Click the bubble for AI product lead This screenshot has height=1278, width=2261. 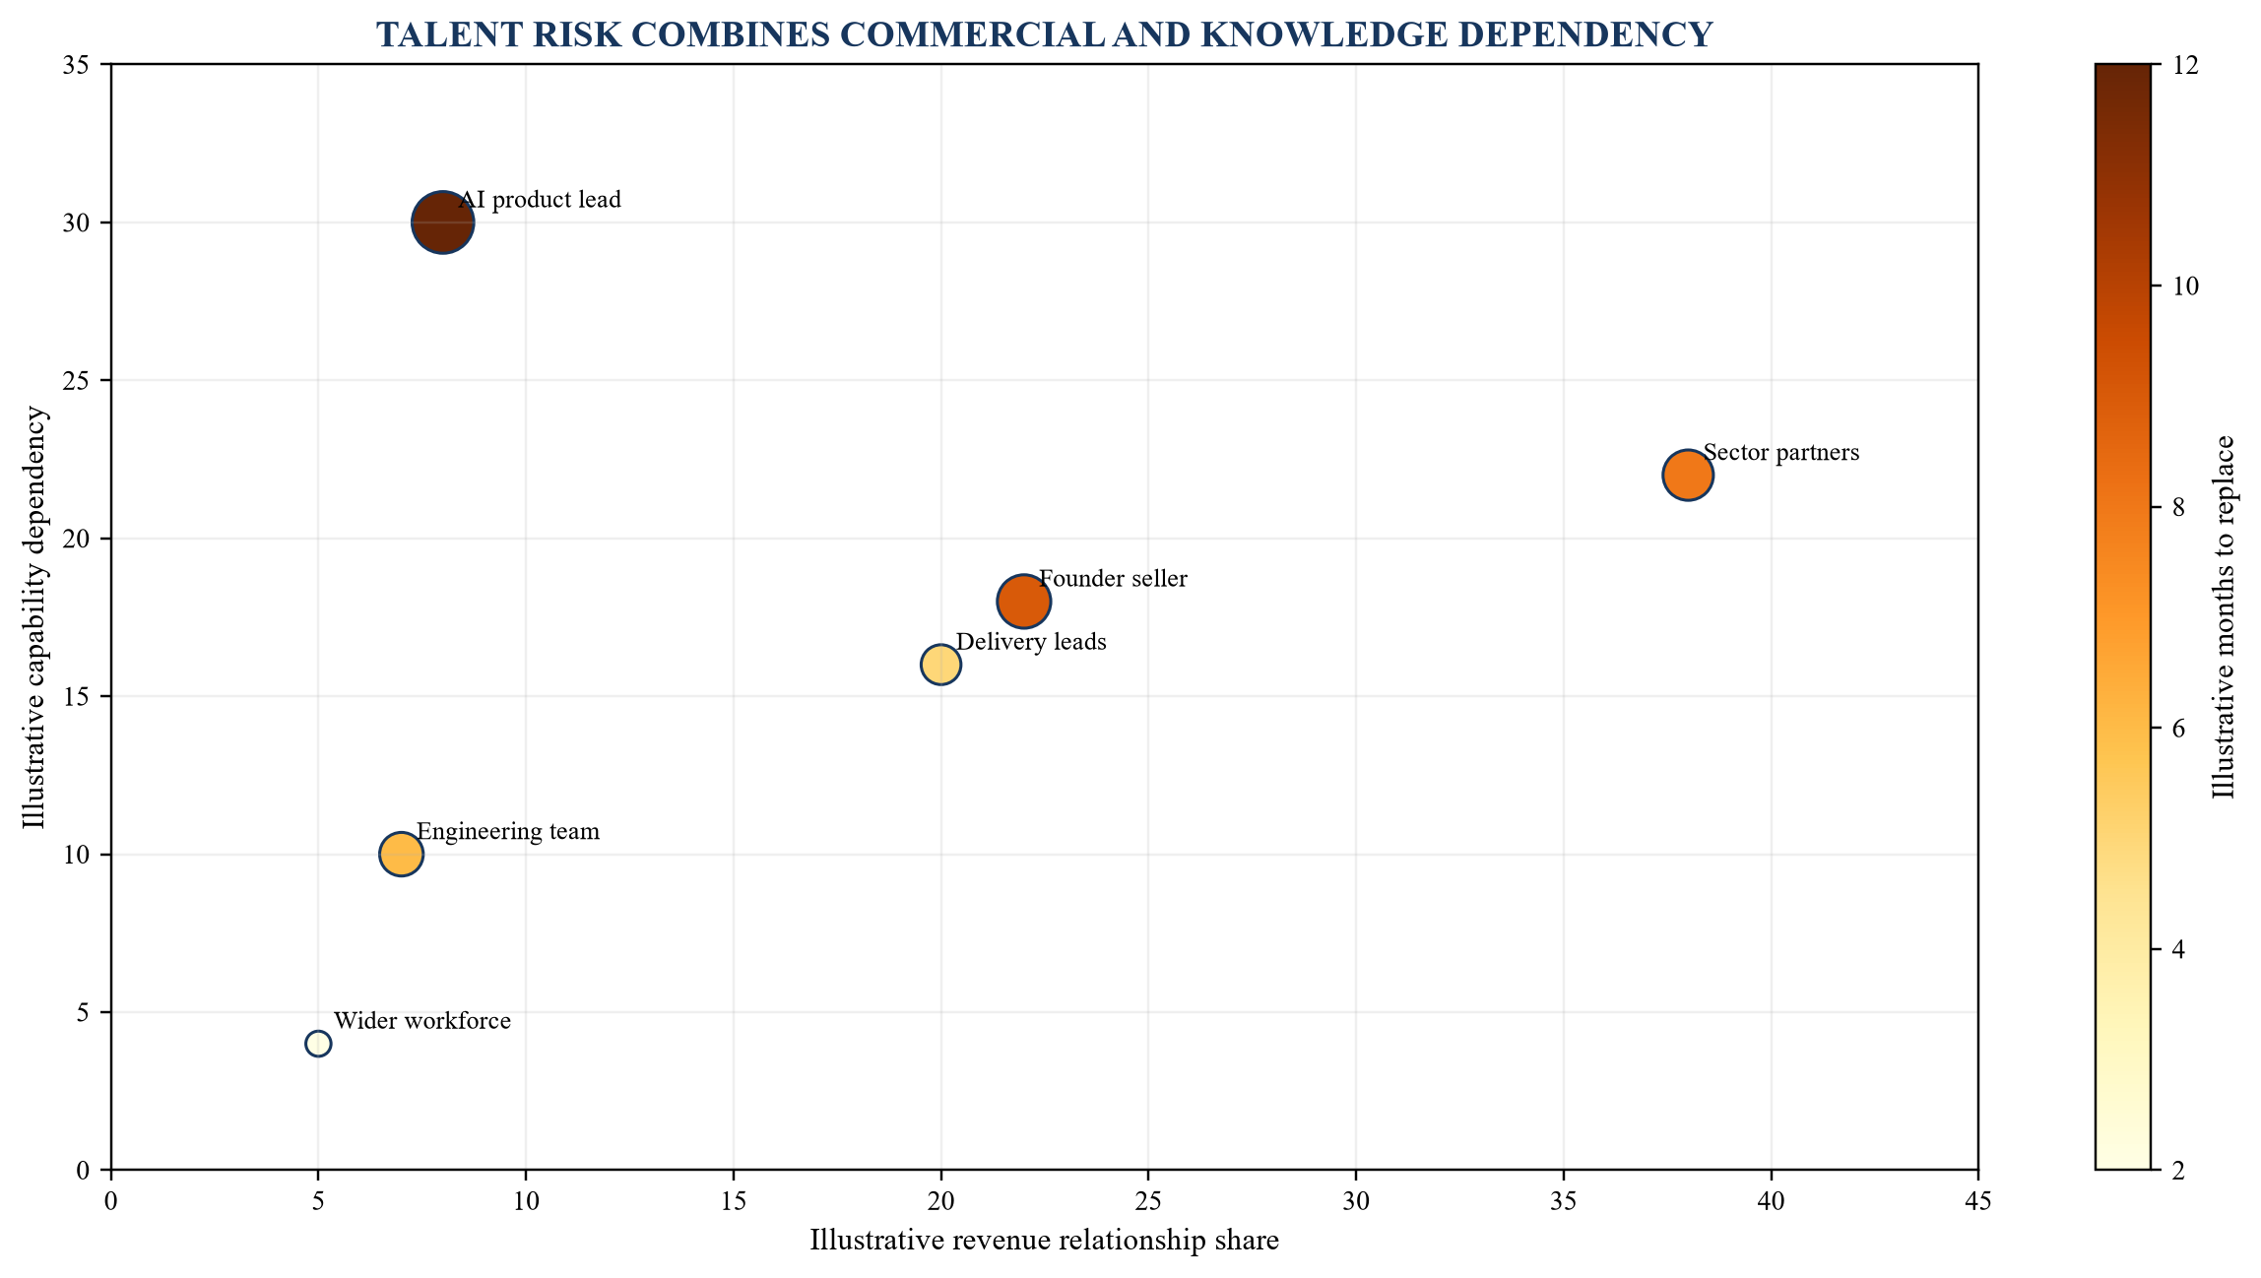point(443,223)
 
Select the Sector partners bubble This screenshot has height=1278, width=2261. point(1688,475)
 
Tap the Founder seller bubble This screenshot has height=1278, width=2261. point(1024,602)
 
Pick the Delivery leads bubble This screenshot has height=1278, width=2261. point(940,665)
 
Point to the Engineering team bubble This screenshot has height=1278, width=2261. point(401,854)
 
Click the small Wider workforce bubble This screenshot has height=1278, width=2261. point(318,1044)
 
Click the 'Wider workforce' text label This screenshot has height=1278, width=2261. point(422,1021)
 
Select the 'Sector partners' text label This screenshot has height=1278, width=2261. point(1781,453)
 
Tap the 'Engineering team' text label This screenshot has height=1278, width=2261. point(508,832)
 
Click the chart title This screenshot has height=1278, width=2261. point(1044,35)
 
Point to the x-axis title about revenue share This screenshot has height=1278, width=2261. point(1044,1241)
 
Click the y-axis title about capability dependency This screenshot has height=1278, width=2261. point(35,617)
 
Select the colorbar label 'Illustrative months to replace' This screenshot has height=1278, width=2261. point(2223,617)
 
